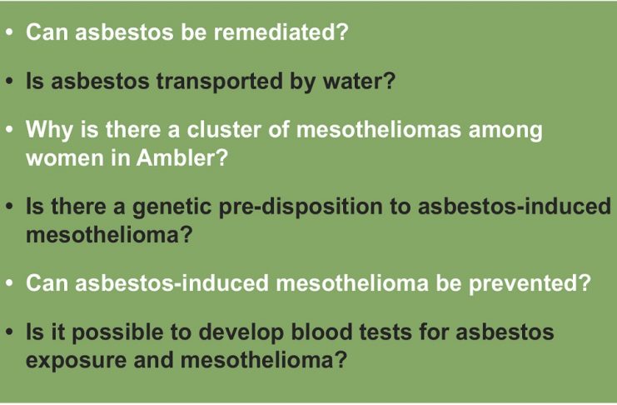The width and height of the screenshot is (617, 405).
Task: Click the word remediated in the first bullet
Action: [x=281, y=32]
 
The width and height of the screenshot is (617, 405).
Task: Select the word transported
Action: [x=220, y=81]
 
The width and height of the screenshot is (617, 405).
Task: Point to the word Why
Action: [x=49, y=130]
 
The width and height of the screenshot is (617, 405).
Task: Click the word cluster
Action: [x=223, y=130]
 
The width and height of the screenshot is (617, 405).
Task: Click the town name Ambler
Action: [x=182, y=157]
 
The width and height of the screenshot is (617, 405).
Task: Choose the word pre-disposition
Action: [x=301, y=207]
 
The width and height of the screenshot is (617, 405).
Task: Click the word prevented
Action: [x=530, y=283]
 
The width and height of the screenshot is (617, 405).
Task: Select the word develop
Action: [x=241, y=332]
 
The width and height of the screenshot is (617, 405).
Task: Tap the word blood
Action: [x=321, y=332]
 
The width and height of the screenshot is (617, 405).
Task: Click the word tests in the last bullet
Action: [x=386, y=332]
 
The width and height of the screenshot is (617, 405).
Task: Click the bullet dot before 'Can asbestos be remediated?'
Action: [x=10, y=32]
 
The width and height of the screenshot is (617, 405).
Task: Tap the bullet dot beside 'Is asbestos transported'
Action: [x=10, y=82]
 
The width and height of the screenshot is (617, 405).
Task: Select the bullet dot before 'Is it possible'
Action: [x=10, y=332]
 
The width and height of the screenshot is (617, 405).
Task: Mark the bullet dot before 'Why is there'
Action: [x=10, y=130]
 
